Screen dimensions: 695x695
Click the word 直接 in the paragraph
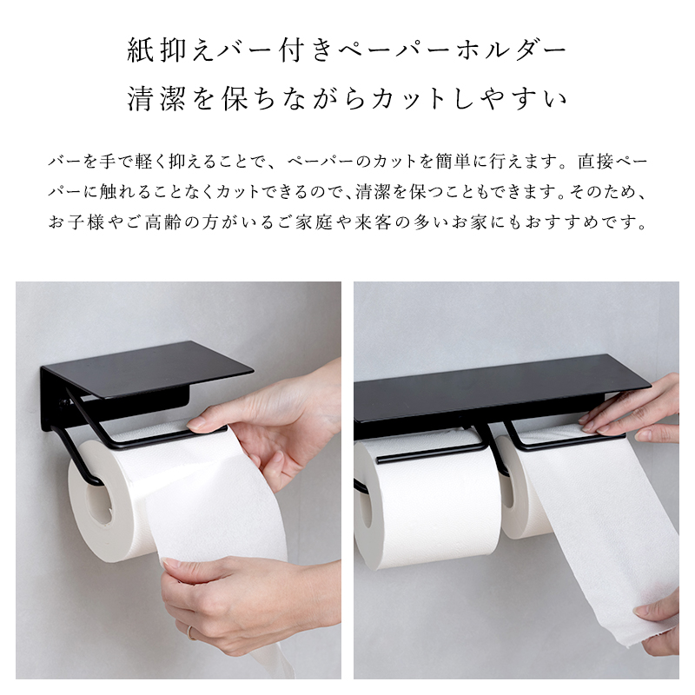point(595,162)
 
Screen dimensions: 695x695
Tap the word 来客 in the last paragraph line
point(373,222)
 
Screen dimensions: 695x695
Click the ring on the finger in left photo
point(190,632)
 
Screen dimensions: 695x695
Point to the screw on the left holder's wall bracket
point(64,402)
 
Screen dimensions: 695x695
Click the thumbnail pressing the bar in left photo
point(198,425)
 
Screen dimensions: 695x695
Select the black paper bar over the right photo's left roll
point(428,453)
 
